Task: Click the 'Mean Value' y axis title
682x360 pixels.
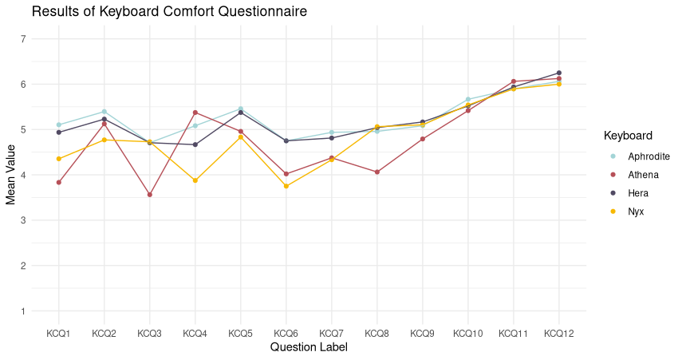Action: pos(11,175)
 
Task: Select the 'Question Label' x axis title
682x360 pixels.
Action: pos(309,347)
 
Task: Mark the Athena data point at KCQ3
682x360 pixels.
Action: pos(150,195)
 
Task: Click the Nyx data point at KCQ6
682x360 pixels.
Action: pos(286,186)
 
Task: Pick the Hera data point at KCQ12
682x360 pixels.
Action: pos(559,73)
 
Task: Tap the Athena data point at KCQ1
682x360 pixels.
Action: pos(59,182)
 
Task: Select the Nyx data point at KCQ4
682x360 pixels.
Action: pos(195,180)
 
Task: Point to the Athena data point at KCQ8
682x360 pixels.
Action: pos(377,172)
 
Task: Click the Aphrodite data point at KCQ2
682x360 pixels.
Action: pos(104,112)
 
